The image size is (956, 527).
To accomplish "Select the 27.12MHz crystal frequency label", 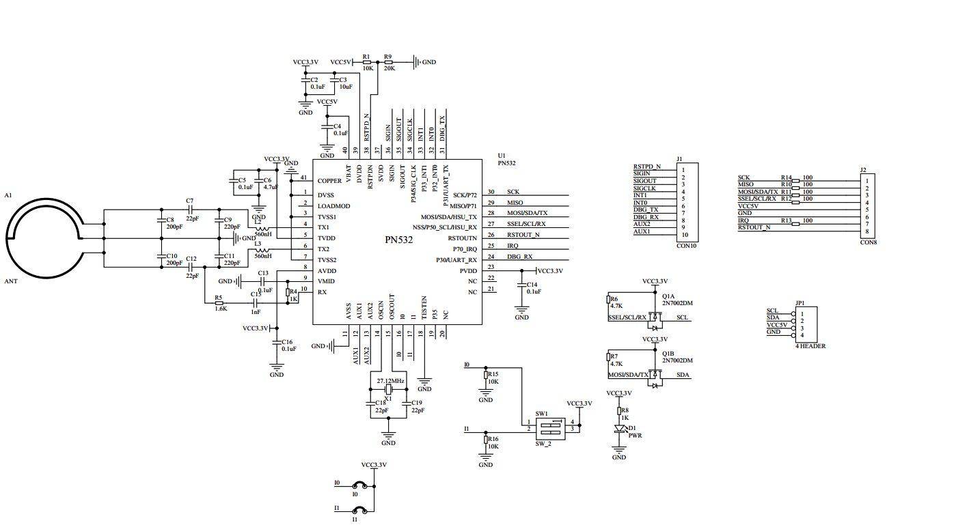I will [x=390, y=380].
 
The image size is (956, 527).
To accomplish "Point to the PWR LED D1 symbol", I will [x=620, y=429].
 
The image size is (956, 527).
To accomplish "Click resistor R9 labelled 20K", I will [x=388, y=62].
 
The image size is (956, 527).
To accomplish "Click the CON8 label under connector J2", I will [x=868, y=242].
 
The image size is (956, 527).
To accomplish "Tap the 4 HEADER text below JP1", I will [x=810, y=346].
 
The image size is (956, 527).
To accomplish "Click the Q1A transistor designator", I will [x=669, y=296].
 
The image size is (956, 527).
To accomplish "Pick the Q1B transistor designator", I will [x=669, y=353].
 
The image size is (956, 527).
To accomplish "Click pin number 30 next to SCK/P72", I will [x=491, y=193].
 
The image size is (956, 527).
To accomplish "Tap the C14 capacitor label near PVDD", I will [x=532, y=284].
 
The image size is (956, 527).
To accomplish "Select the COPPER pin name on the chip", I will [x=329, y=182].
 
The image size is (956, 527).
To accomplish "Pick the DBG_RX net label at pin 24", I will [x=519, y=257].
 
